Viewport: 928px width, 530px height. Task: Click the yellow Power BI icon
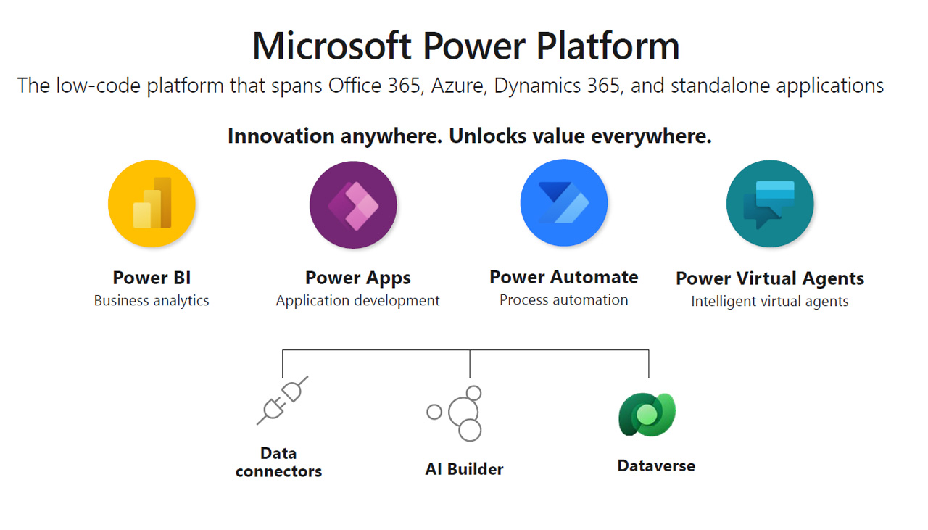[152, 204]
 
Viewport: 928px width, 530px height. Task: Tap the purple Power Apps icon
[353, 204]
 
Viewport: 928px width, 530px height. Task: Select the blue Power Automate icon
[564, 202]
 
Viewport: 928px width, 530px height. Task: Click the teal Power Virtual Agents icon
[770, 204]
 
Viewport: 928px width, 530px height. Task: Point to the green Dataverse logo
[647, 415]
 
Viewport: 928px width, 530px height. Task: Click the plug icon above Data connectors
[283, 400]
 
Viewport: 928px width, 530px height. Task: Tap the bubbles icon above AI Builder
[455, 413]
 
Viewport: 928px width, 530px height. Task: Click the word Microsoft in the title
[332, 46]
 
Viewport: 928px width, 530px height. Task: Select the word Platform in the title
[608, 46]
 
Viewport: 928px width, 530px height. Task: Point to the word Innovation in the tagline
[281, 136]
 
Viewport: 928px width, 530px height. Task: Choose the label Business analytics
[152, 300]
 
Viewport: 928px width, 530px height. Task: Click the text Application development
[357, 300]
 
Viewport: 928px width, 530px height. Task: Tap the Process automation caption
[564, 299]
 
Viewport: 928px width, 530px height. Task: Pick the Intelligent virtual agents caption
[770, 302]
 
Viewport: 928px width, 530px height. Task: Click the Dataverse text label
[656, 465]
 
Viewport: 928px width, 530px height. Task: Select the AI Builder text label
[465, 469]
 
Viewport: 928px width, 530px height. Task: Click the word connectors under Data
[278, 471]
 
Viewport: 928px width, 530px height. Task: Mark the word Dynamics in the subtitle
[535, 86]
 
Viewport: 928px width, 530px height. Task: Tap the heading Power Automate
[564, 277]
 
